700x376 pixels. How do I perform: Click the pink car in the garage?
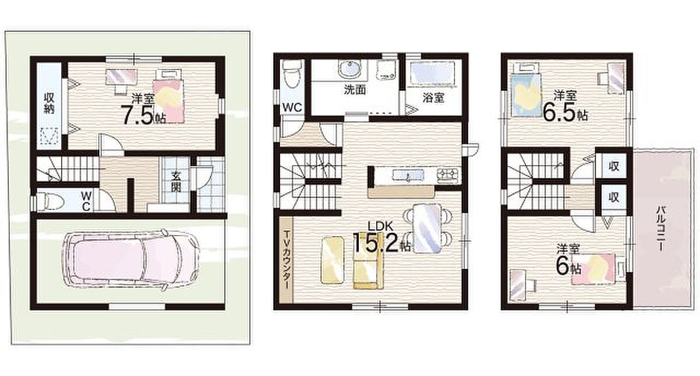[x=131, y=260]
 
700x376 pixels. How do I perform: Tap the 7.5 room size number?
[x=138, y=115]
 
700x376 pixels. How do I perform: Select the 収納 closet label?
[x=49, y=103]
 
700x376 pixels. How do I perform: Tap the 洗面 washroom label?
[x=355, y=90]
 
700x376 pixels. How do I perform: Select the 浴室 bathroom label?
[x=433, y=98]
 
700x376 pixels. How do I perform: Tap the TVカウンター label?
[x=286, y=260]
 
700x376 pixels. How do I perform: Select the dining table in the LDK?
[x=427, y=228]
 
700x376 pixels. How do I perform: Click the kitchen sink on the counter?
[x=408, y=175]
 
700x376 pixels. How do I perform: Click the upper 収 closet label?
[x=614, y=166]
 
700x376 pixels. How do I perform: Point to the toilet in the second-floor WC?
[x=290, y=75]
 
